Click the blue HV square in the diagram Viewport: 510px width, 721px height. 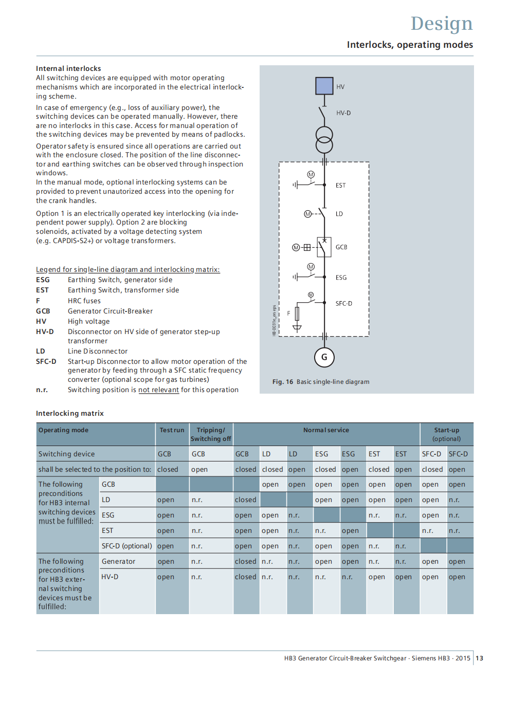point(324,85)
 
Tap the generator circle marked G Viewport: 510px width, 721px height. point(324,357)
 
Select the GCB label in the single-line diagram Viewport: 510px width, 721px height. point(341,247)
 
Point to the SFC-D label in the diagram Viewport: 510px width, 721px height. point(344,304)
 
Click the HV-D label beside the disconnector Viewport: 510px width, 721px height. point(343,113)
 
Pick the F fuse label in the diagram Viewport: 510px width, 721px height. point(288,313)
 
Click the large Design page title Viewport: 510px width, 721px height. point(441,24)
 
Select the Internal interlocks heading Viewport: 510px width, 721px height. point(68,68)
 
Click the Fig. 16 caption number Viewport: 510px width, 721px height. point(283,382)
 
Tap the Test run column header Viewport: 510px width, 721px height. point(172,430)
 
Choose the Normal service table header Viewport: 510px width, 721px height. point(326,430)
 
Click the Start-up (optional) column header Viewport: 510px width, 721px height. point(446,434)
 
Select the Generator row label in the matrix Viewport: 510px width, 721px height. point(118,561)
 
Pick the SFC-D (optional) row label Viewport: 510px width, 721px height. point(126,546)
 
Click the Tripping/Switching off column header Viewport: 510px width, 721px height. point(211,434)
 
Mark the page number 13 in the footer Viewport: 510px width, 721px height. point(479,658)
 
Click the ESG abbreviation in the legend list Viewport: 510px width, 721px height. point(43,280)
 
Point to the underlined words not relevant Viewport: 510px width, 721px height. point(158,390)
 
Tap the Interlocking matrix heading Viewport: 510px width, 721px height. point(70,413)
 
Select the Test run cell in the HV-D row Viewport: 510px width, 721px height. point(166,577)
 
